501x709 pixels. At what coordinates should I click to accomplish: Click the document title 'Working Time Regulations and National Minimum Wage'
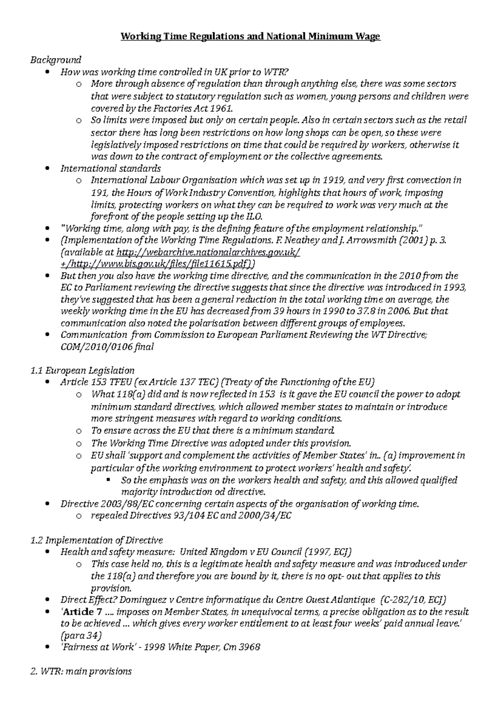pyautogui.click(x=250, y=37)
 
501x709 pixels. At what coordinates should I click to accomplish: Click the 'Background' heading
pyautogui.click(x=56, y=60)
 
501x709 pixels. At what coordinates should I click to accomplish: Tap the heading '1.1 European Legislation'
pyautogui.click(x=82, y=370)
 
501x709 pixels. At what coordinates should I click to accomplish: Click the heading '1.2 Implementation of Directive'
pyautogui.click(x=96, y=540)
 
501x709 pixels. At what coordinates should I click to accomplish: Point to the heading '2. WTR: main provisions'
pyautogui.click(x=81, y=671)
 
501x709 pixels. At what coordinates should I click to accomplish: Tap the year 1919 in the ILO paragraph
pyautogui.click(x=334, y=180)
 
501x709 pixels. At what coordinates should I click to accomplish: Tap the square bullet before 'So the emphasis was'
pyautogui.click(x=109, y=480)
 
